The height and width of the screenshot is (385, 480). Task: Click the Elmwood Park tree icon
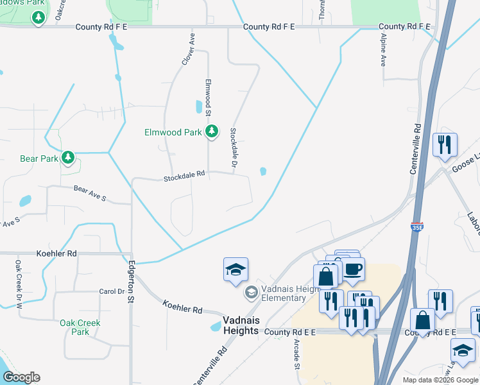212,132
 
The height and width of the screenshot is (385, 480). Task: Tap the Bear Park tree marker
67,157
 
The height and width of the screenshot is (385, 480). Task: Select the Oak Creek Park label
80,327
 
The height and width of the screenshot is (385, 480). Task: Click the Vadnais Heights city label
241,325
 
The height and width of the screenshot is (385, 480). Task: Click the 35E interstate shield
416,227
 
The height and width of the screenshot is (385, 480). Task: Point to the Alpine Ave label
382,52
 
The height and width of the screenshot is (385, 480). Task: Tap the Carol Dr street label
112,291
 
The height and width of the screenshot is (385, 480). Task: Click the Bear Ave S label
89,193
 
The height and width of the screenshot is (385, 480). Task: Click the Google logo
21,377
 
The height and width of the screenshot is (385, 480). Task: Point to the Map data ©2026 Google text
439,380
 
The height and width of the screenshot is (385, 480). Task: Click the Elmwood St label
209,96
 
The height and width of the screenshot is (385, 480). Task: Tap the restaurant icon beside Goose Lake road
445,146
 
